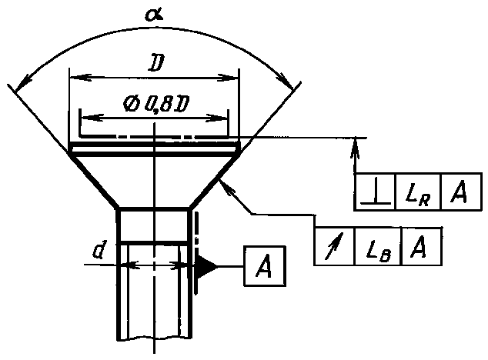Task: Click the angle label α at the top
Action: tap(154, 15)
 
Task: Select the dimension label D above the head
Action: tap(156, 63)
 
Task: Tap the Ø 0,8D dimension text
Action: tap(155, 104)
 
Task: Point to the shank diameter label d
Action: tap(99, 249)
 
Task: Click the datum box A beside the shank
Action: tap(265, 266)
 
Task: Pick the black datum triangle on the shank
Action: tap(206, 266)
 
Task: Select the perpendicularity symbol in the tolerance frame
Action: tap(376, 192)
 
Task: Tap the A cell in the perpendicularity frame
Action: tap(460, 192)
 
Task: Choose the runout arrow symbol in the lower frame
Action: tap(334, 246)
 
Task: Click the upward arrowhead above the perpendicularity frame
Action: tap(355, 148)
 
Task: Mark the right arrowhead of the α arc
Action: tap(286, 81)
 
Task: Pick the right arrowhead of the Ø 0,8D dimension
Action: tap(217, 118)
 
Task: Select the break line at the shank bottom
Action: tap(154, 338)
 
